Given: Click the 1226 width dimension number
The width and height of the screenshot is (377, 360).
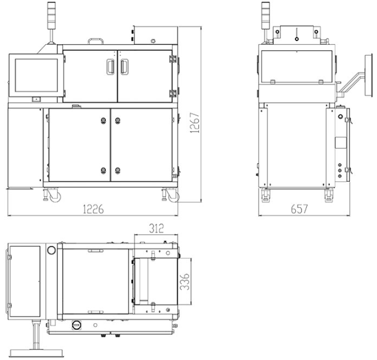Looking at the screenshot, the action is pyautogui.click(x=93, y=209).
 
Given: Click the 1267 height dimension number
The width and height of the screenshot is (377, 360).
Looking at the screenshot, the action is pyautogui.click(x=195, y=123).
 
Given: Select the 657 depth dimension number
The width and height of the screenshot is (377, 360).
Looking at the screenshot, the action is pyautogui.click(x=299, y=209).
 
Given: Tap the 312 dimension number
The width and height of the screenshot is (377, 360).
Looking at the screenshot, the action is pyautogui.click(x=156, y=228).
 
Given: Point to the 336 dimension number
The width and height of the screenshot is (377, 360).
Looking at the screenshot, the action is pyautogui.click(x=185, y=281).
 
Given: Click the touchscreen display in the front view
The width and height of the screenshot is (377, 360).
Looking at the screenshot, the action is pyautogui.click(x=36, y=76).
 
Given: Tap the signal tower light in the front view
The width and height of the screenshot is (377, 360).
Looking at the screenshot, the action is pyautogui.click(x=51, y=16).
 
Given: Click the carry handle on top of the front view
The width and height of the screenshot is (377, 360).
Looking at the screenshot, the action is pyautogui.click(x=95, y=41).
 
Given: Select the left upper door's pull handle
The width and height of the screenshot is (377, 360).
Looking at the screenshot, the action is pyautogui.click(x=111, y=66).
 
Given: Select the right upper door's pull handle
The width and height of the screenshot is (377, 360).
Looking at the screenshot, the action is pyautogui.click(x=124, y=66).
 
